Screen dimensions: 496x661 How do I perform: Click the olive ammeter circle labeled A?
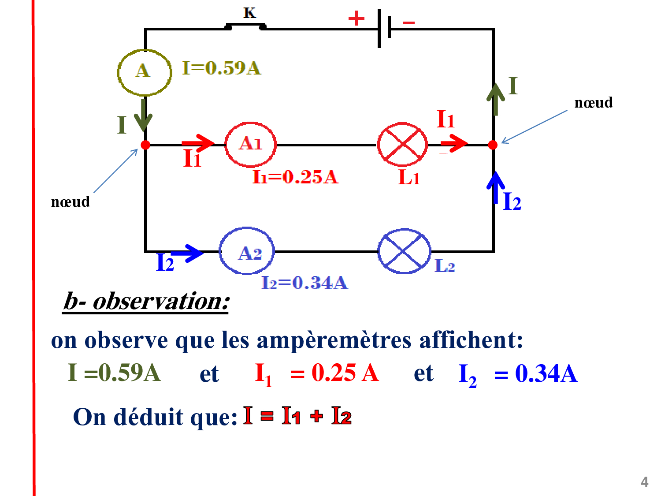144,72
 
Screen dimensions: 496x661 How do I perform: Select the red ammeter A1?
250,144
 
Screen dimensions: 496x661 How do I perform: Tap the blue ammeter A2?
247,251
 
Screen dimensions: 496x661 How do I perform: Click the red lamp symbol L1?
402,144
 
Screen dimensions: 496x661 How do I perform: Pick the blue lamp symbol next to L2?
404,251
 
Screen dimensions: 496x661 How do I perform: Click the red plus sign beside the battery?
356,19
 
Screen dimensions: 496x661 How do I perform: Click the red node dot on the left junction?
145,145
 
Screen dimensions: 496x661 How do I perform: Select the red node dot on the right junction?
493,145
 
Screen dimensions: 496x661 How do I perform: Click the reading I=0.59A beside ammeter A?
222,68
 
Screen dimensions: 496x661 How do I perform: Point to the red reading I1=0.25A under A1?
295,177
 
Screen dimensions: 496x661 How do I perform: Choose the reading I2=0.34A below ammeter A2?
305,283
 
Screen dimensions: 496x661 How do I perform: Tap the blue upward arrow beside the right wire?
496,187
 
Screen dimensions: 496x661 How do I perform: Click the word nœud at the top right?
594,103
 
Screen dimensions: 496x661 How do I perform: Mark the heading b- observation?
146,302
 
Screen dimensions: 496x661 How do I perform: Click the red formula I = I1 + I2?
298,416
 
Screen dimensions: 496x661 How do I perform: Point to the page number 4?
644,482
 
